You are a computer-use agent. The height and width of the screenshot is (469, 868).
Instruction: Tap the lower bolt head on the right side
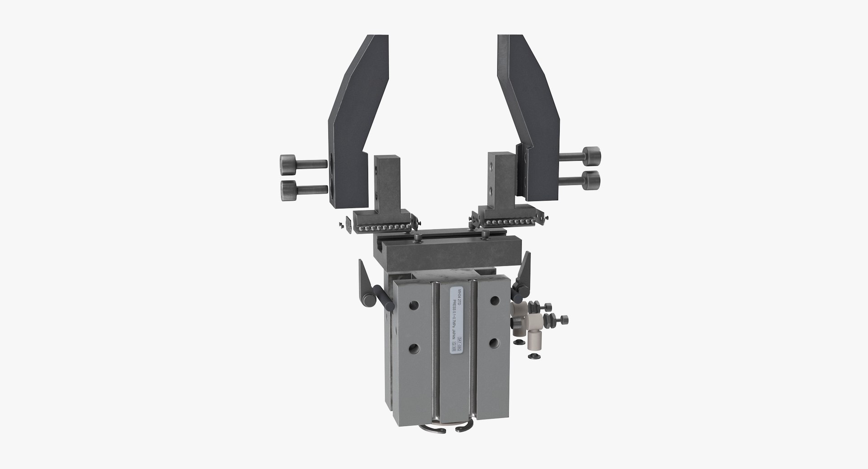click(x=591, y=180)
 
